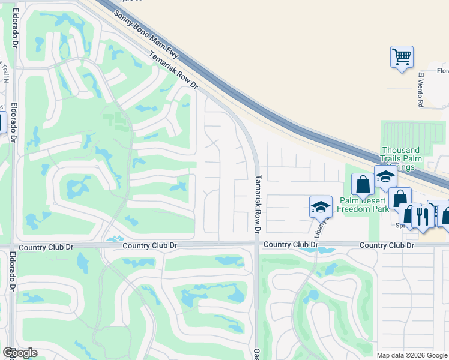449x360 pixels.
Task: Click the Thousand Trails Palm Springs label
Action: [x=400, y=158]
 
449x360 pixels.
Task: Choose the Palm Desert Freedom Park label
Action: [x=363, y=205]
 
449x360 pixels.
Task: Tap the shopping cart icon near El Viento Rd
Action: [x=402, y=58]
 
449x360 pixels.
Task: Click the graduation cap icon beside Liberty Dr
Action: [x=321, y=207]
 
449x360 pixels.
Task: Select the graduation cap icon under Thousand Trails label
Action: [x=385, y=176]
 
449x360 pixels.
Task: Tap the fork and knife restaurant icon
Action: [x=423, y=217]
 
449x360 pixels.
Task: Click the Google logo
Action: [x=20, y=353]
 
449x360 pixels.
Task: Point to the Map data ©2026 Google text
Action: [x=412, y=355]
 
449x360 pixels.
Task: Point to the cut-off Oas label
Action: [x=256, y=354]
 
